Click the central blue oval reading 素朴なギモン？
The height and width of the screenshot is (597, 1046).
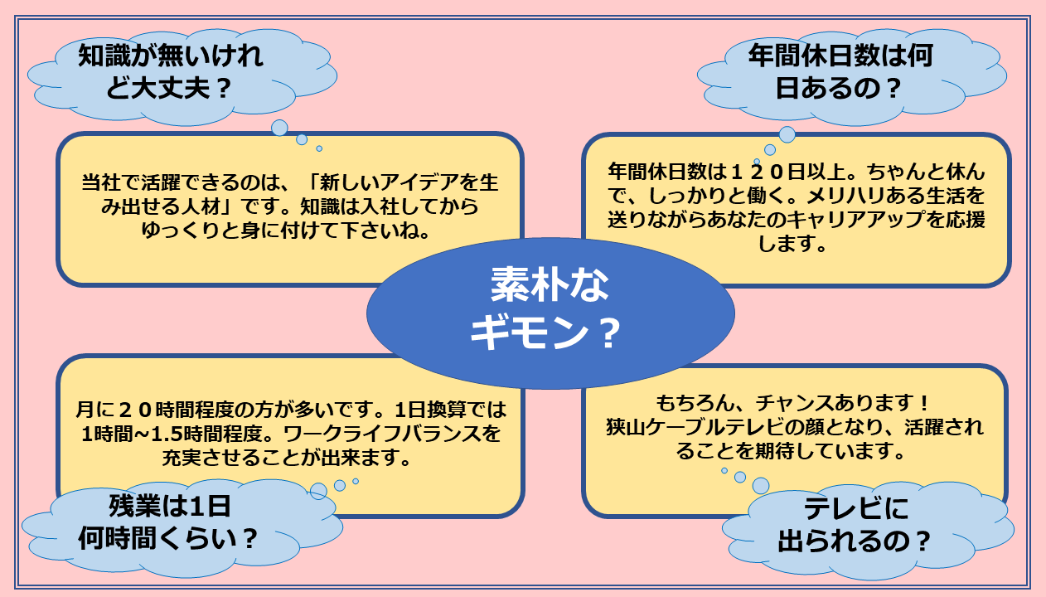[x=550, y=313]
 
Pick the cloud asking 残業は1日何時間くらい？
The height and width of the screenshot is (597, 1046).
[x=182, y=528]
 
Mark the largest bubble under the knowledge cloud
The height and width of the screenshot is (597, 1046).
[x=279, y=128]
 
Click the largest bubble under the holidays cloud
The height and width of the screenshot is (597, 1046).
[x=787, y=134]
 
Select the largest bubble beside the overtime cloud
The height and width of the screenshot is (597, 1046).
[x=318, y=492]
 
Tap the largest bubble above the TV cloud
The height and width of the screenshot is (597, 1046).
[x=761, y=486]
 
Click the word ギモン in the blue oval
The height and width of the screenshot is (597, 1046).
[x=529, y=332]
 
